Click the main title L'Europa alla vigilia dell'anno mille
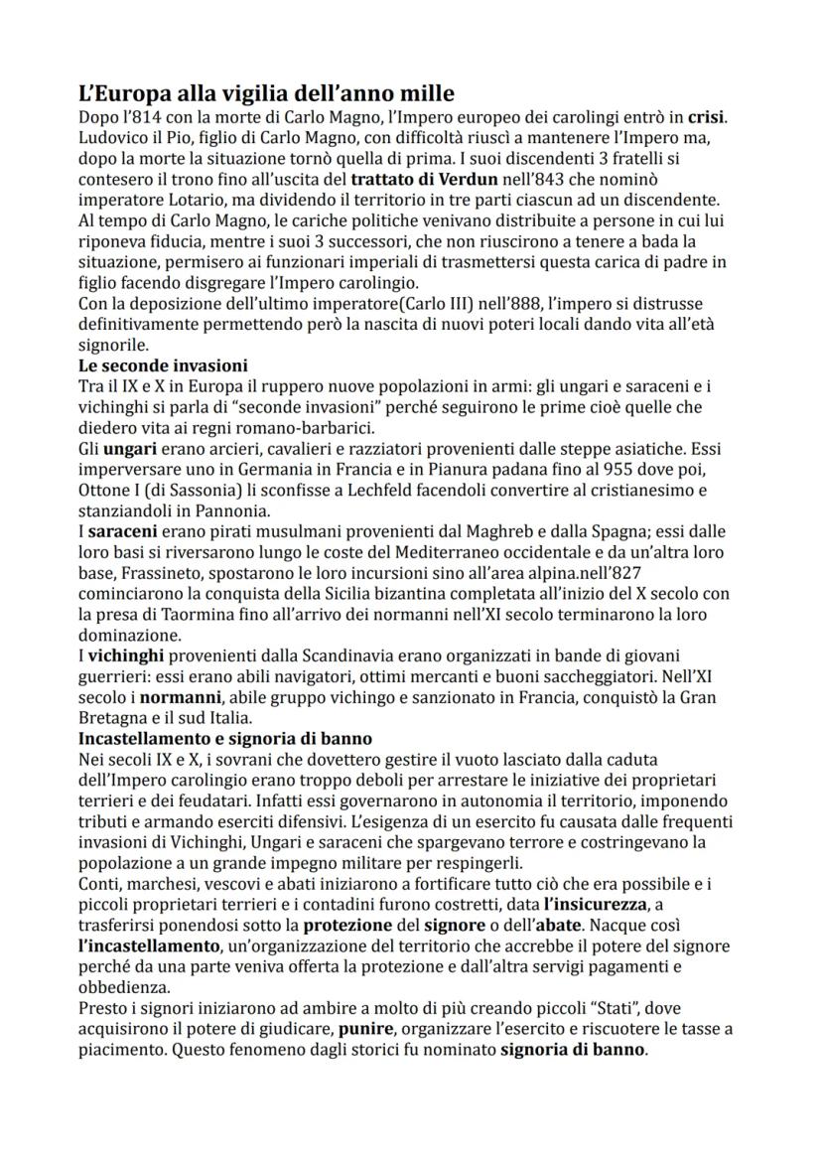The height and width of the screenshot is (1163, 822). pos(266,94)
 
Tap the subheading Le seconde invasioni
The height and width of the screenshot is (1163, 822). pos(163,364)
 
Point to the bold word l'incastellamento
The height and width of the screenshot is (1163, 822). pos(150,947)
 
